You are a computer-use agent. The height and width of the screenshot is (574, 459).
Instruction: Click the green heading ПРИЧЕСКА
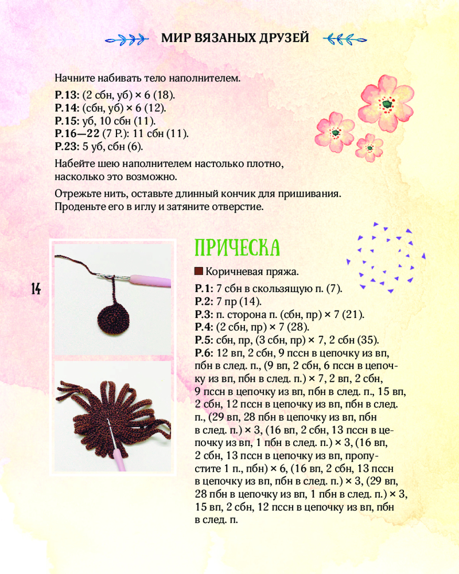(237, 247)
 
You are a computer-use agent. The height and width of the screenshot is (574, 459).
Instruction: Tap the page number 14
(36, 289)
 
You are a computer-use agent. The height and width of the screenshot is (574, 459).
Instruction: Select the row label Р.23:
(67, 146)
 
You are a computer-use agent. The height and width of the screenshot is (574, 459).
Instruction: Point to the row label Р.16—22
(77, 133)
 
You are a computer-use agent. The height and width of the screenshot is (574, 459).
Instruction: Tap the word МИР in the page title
(173, 38)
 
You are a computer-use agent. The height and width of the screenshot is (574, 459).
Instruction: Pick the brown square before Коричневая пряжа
(199, 271)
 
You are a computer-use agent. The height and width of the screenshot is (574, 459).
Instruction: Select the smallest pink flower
(370, 148)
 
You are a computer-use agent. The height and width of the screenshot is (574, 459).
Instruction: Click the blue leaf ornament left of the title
(127, 39)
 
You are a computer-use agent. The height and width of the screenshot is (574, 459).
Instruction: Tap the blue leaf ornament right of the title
(344, 39)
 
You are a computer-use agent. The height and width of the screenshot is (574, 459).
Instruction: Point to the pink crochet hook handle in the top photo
(150, 281)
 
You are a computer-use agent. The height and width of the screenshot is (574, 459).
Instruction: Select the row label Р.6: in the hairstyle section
(204, 352)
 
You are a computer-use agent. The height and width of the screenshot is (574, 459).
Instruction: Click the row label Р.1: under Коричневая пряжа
(204, 289)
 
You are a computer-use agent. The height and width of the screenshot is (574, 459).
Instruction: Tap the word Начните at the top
(74, 77)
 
